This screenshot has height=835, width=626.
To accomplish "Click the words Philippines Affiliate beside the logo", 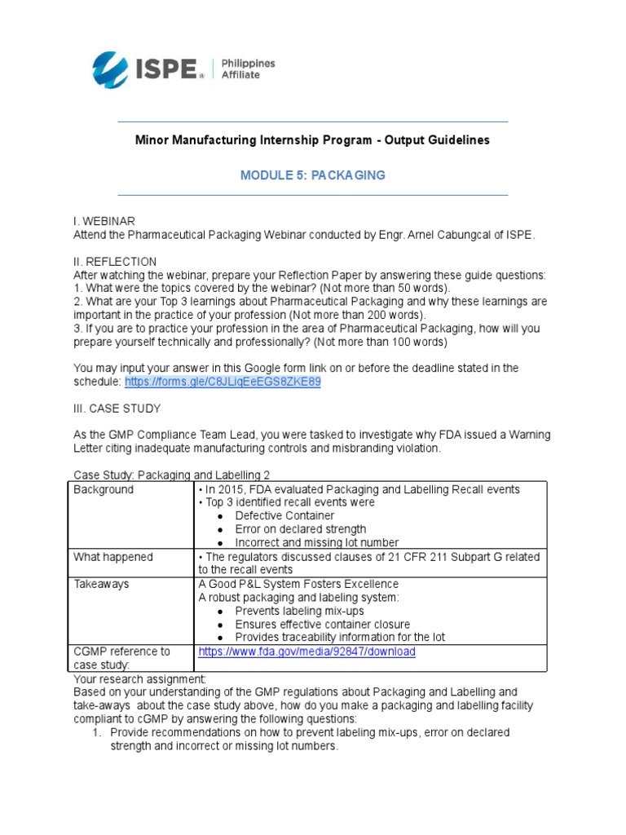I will click(x=249, y=69).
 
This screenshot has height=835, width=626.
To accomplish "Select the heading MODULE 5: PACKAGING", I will click(x=312, y=175).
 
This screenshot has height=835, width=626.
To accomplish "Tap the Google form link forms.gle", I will click(x=223, y=382).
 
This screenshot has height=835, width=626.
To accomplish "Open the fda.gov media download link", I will click(x=306, y=652).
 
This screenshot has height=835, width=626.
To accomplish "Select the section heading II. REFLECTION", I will click(x=115, y=262).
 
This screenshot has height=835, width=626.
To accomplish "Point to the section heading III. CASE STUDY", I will click(x=117, y=409).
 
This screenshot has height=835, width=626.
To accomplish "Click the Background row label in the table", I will click(x=104, y=489).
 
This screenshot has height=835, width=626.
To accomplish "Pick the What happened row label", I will click(x=112, y=557).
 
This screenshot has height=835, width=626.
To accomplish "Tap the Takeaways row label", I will click(x=101, y=584).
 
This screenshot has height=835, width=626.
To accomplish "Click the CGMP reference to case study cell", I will click(x=121, y=658).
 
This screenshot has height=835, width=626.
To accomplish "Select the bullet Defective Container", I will click(x=284, y=516).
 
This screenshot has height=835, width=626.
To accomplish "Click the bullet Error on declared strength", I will click(x=300, y=529).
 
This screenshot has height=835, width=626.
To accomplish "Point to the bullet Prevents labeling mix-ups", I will click(x=299, y=611).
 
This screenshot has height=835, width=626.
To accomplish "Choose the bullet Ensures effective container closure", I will click(x=323, y=624).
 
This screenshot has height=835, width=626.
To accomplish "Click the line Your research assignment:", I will click(x=140, y=678).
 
